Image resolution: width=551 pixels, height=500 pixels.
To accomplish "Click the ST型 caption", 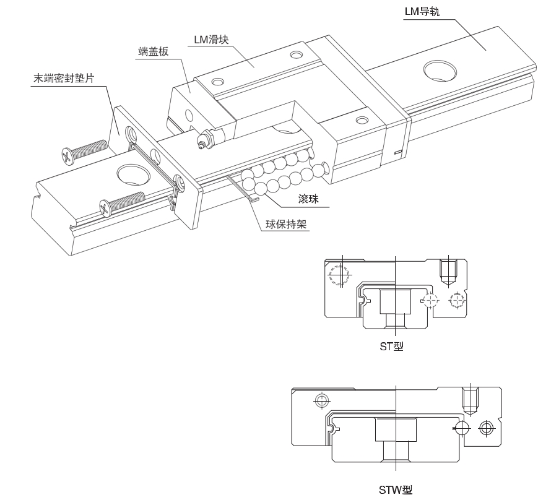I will [391, 347].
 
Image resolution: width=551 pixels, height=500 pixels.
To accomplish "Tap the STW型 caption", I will [396, 490].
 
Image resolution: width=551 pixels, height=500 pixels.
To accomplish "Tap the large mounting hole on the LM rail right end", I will [439, 70].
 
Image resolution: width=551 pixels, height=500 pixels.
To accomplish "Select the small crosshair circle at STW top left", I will [320, 400].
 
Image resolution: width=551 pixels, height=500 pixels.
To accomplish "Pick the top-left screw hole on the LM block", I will [217, 82].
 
